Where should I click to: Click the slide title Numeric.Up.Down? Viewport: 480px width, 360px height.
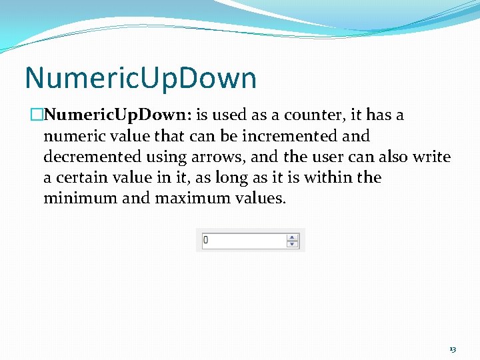point(141,78)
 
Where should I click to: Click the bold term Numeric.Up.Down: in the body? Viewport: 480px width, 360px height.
point(118,115)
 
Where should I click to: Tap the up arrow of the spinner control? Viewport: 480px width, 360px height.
point(293,237)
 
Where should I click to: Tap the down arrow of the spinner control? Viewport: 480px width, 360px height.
point(293,244)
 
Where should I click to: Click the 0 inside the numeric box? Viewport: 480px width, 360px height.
point(206,240)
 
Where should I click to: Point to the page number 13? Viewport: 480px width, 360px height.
point(453,349)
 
